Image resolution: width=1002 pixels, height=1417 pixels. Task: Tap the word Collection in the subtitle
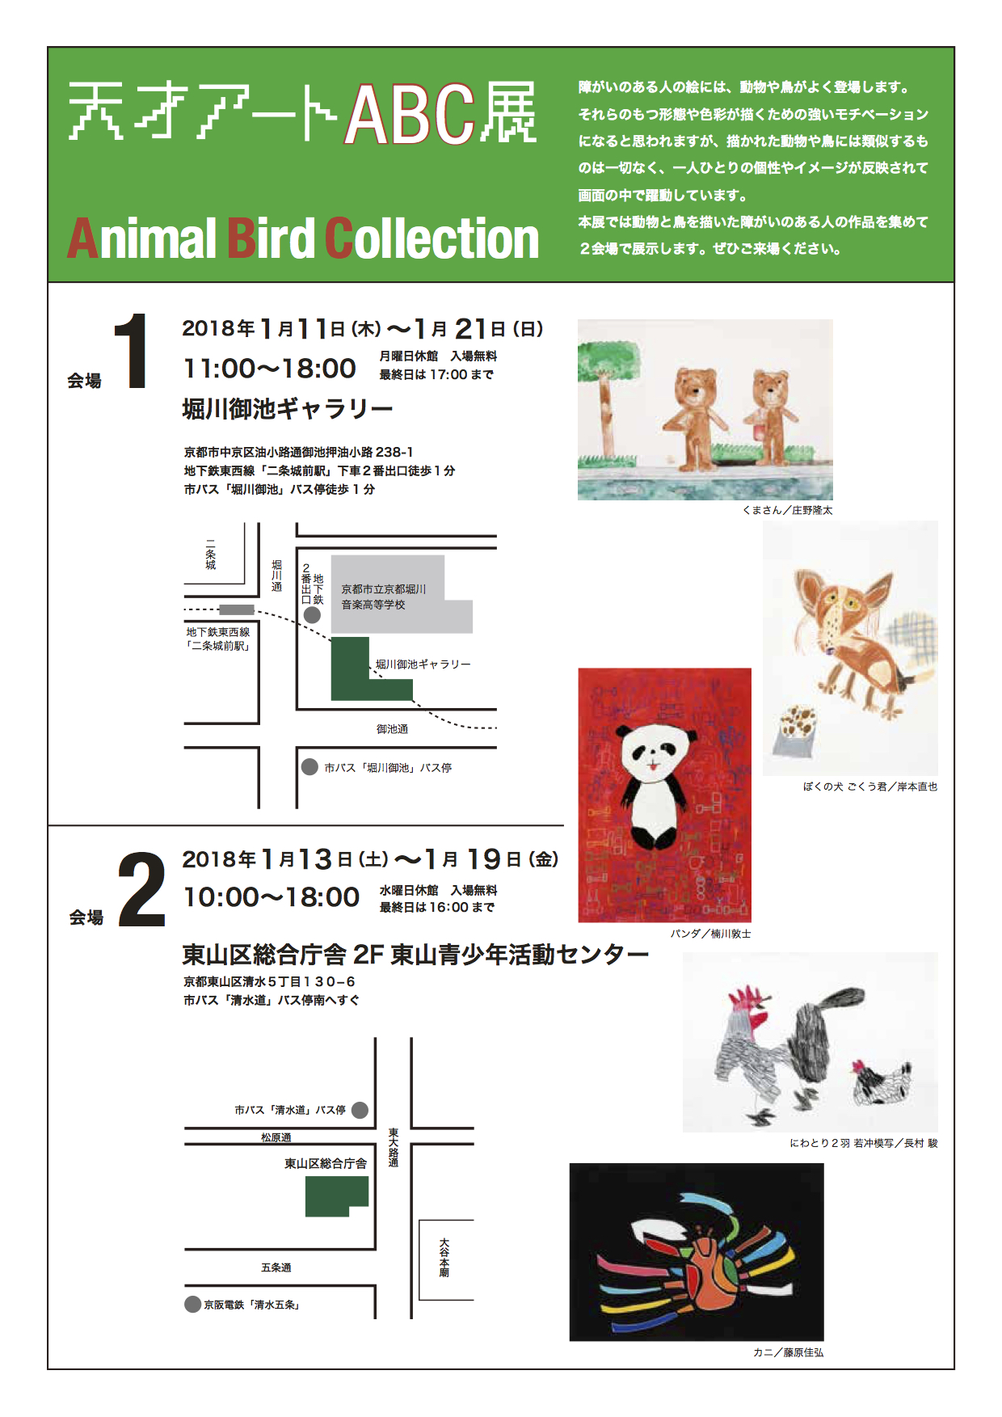click(x=432, y=238)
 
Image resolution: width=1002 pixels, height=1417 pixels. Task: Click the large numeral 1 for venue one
click(x=131, y=351)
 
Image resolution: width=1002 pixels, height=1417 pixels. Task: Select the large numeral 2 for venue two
click(x=141, y=889)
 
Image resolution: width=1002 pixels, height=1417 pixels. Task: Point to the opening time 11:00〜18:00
click(x=270, y=369)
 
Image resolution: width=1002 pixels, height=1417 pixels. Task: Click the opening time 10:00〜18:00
click(x=272, y=897)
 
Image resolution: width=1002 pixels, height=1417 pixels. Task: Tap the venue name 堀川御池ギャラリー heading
click(x=288, y=409)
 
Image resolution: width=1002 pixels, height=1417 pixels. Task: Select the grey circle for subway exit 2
click(x=312, y=615)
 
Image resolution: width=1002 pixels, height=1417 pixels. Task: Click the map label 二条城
click(x=211, y=555)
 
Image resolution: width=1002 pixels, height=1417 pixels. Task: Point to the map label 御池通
click(x=393, y=729)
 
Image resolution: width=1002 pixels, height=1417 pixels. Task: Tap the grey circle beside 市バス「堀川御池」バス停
click(x=309, y=767)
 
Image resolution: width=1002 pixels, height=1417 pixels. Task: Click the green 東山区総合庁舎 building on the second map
click(x=336, y=1196)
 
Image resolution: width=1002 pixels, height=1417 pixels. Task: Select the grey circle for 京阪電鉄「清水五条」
click(x=192, y=1304)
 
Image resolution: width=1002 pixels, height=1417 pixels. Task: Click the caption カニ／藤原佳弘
click(x=788, y=1352)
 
